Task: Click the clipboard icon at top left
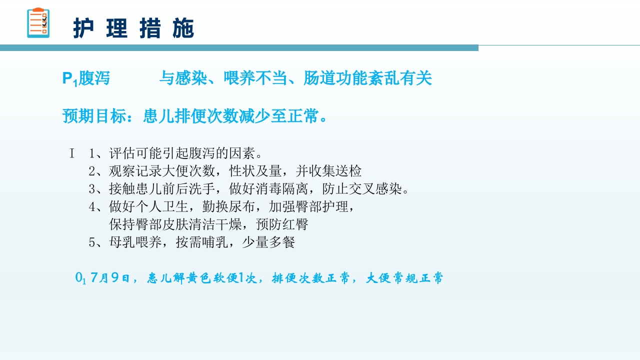38,23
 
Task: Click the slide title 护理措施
133,28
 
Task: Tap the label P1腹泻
86,78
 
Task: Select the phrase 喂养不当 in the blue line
248,78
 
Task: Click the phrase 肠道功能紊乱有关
367,78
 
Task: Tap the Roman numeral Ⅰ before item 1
72,153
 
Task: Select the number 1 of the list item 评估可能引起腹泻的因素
92,153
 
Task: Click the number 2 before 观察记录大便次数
92,171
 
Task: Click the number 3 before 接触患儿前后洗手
92,189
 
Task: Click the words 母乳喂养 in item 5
135,242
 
